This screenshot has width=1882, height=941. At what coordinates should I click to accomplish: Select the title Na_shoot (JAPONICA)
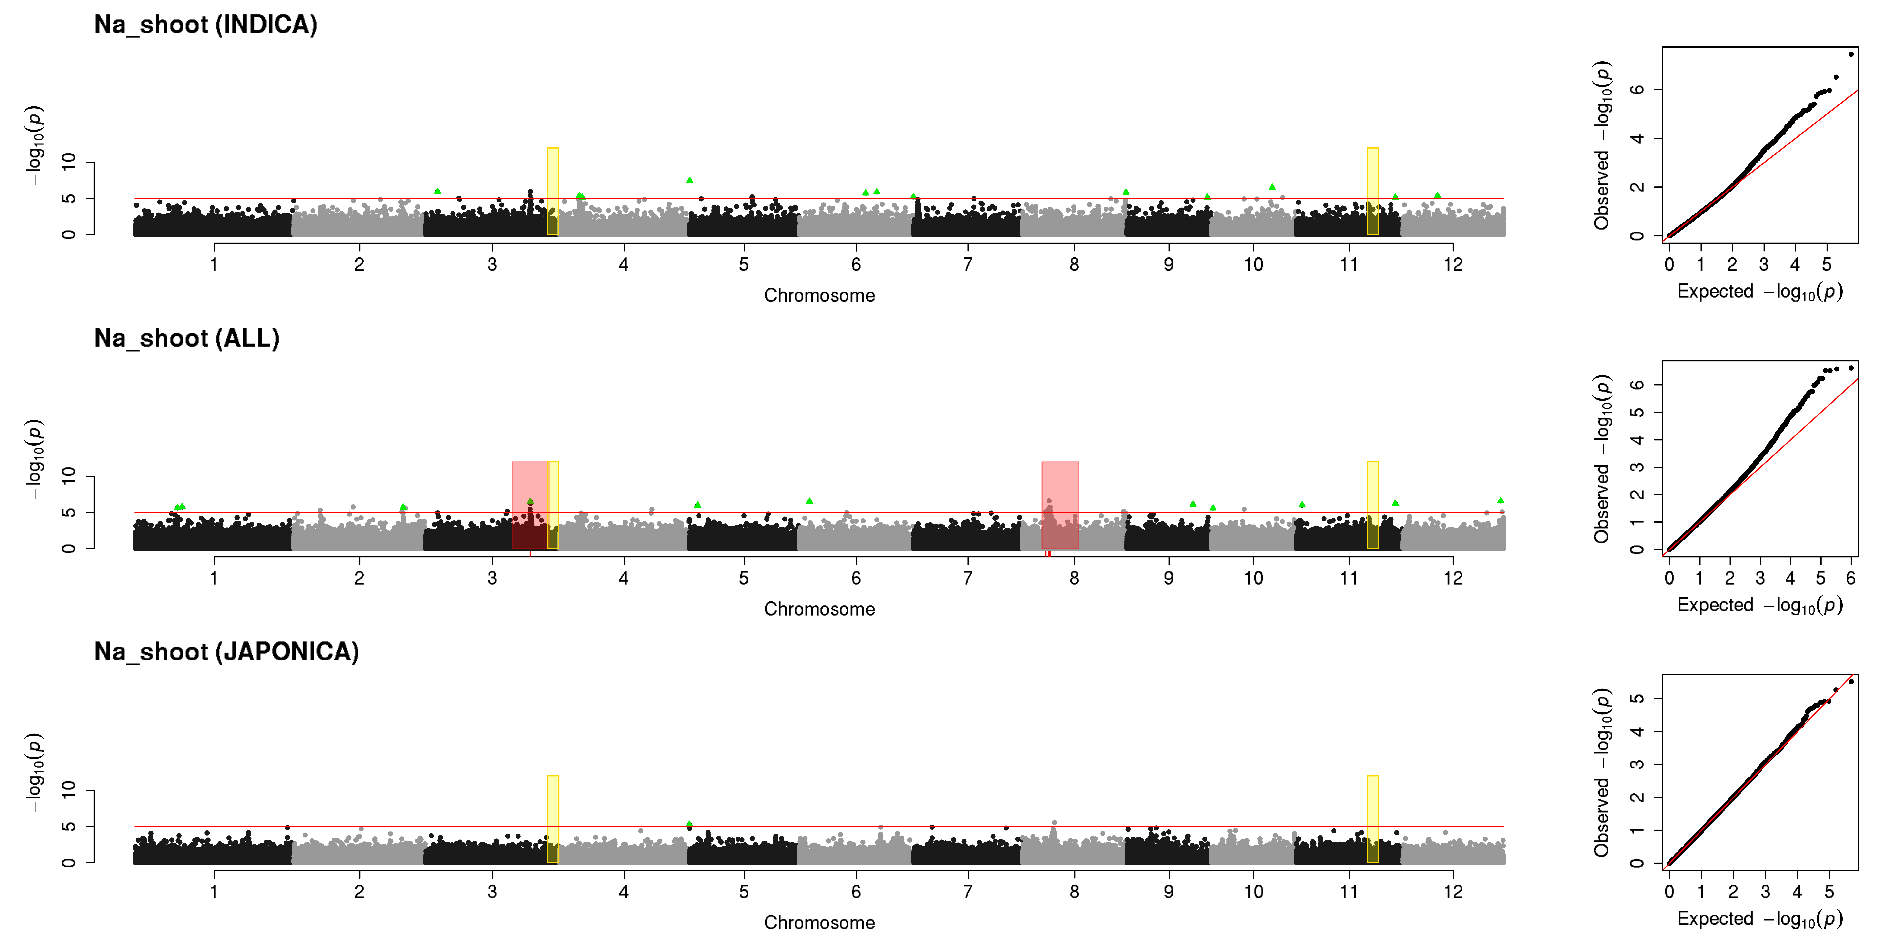coord(226,652)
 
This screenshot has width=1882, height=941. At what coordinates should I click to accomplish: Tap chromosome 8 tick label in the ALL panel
coord(1074,578)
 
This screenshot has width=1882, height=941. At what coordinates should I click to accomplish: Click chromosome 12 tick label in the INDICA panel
coord(1453,264)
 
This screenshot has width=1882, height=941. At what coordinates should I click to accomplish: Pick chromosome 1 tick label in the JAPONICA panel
coord(214,891)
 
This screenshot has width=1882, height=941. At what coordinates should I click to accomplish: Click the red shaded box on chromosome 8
coord(1060,505)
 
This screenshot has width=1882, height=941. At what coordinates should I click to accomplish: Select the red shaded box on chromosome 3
coord(530,505)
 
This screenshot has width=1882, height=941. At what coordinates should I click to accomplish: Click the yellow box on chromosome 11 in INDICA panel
coord(1373,191)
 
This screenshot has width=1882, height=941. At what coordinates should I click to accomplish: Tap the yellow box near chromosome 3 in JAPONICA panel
coord(553,819)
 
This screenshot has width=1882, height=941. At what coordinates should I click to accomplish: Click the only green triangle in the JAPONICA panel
coord(689,824)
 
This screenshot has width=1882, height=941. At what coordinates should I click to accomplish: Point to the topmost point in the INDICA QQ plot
coord(1851,54)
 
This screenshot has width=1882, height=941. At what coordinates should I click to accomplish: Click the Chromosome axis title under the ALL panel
coord(819,609)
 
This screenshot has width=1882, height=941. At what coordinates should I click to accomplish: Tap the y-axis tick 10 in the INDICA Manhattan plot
coord(69,162)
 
